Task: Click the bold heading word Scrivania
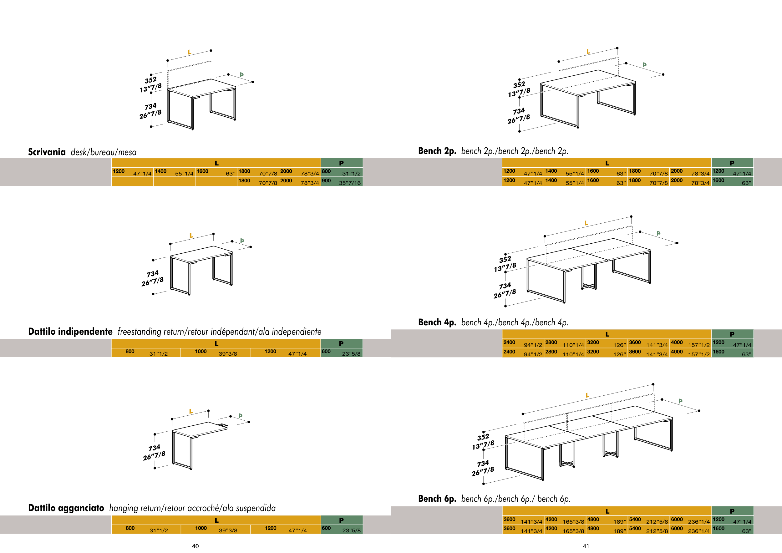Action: pyautogui.click(x=47, y=152)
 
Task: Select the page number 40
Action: pyautogui.click(x=195, y=546)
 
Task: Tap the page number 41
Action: pyautogui.click(x=586, y=546)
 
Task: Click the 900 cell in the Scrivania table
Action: pyautogui.click(x=326, y=181)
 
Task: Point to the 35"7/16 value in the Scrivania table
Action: pyautogui.click(x=349, y=183)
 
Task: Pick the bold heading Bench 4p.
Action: pyautogui.click(x=437, y=322)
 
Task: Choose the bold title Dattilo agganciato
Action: pyautogui.click(x=66, y=508)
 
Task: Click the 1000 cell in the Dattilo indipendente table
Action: pyautogui.click(x=201, y=352)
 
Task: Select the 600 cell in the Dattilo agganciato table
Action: pyautogui.click(x=326, y=528)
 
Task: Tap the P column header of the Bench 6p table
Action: pyautogui.click(x=732, y=511)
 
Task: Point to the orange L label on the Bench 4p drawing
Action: pyautogui.click(x=586, y=223)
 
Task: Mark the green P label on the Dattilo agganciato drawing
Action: pyautogui.click(x=241, y=416)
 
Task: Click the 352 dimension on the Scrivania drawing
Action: pyautogui.click(x=150, y=80)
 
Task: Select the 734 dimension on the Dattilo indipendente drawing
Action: pyautogui.click(x=153, y=274)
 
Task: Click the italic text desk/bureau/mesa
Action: pyautogui.click(x=104, y=152)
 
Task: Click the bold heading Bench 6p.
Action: pyautogui.click(x=437, y=499)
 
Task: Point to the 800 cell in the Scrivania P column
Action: pyautogui.click(x=326, y=171)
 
